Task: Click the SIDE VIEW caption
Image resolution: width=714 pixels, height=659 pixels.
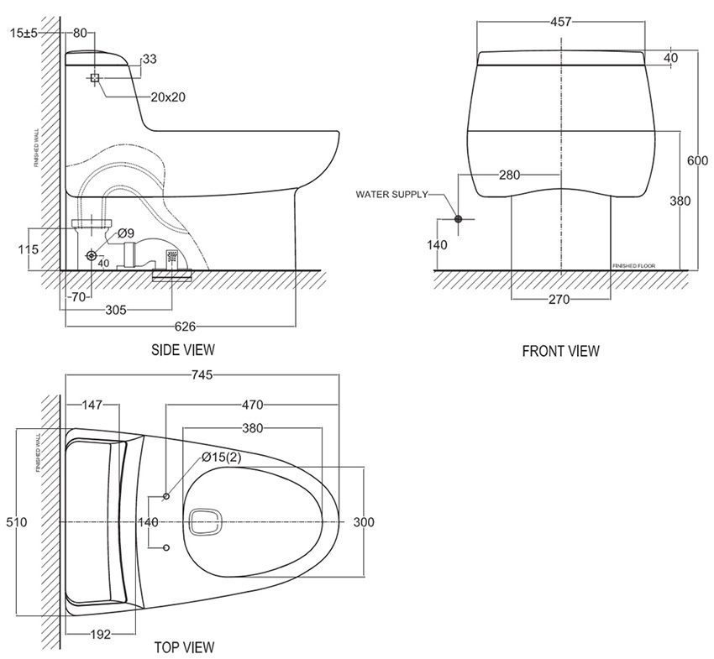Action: [182, 349]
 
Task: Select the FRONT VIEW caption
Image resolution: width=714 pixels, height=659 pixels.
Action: [560, 351]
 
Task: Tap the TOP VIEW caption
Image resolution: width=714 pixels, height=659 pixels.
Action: [184, 647]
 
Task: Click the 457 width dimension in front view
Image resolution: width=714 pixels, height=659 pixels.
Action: [560, 22]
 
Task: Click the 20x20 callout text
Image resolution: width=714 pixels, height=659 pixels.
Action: [168, 97]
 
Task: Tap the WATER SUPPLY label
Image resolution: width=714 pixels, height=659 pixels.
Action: [391, 195]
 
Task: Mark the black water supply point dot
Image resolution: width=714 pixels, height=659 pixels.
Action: [458, 219]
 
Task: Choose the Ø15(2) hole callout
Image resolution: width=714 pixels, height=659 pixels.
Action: [222, 458]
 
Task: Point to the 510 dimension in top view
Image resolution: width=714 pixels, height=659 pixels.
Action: [18, 522]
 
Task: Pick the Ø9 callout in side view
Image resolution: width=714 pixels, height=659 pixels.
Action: [125, 232]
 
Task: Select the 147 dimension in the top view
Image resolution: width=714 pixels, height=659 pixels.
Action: [92, 405]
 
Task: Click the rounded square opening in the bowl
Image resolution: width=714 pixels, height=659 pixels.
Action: [204, 522]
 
